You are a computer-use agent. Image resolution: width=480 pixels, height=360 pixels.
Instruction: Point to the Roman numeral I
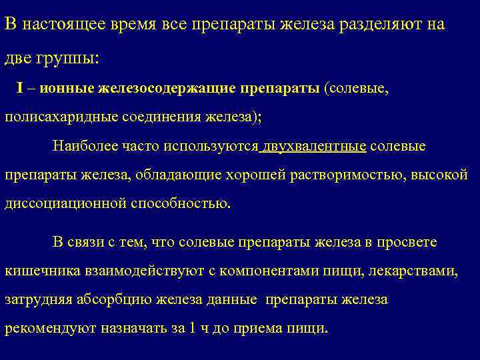[x=22, y=89]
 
